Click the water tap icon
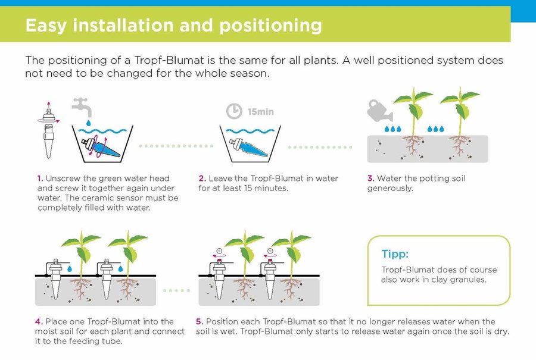[x=82, y=107]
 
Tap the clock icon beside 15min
[x=234, y=111]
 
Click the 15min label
[x=260, y=112]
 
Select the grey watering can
[x=379, y=111]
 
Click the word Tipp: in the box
[x=395, y=254]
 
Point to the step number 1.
[x=40, y=179]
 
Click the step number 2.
[x=202, y=179]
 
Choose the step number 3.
[x=371, y=179]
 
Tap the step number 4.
[x=39, y=322]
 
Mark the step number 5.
[x=200, y=322]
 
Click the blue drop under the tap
[x=89, y=123]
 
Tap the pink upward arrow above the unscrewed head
[x=49, y=105]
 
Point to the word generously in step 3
[x=389, y=189]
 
